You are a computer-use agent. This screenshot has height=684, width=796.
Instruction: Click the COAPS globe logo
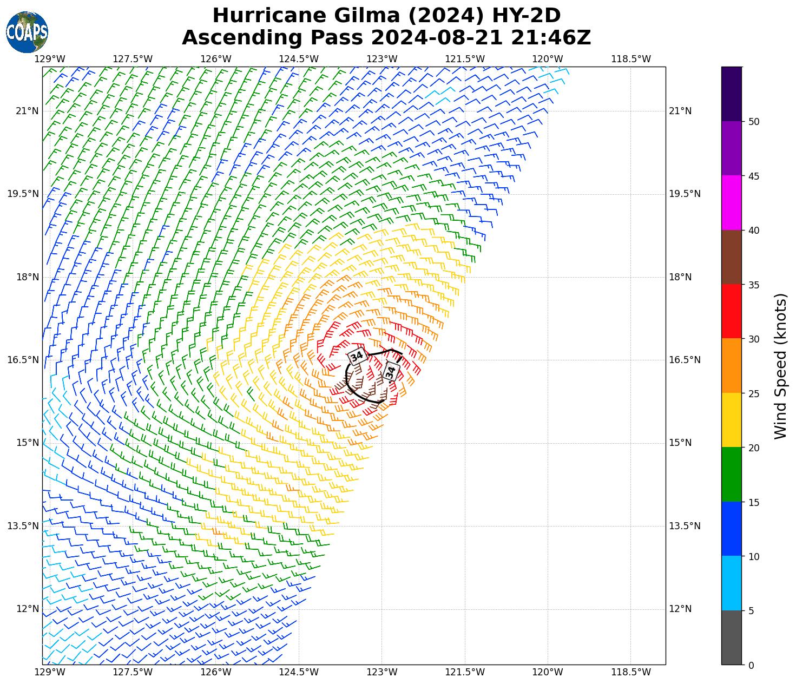(27, 32)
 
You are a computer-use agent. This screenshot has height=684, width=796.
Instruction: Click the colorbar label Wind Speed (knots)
(780, 366)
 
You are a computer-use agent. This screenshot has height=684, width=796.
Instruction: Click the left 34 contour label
(357, 357)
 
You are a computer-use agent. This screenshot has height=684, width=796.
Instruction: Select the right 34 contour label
(391, 372)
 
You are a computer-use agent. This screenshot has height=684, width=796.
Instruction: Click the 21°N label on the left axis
(27, 111)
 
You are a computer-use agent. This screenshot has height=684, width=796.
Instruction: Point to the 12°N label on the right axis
(680, 609)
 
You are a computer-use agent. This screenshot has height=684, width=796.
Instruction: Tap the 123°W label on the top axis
(381, 59)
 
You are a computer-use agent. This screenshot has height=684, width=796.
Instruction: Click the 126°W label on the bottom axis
(215, 672)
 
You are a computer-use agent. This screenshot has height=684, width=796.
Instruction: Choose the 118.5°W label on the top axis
(630, 59)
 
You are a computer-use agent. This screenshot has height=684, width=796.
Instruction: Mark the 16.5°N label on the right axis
(685, 360)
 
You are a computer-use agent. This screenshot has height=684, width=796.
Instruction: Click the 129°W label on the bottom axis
(50, 672)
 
